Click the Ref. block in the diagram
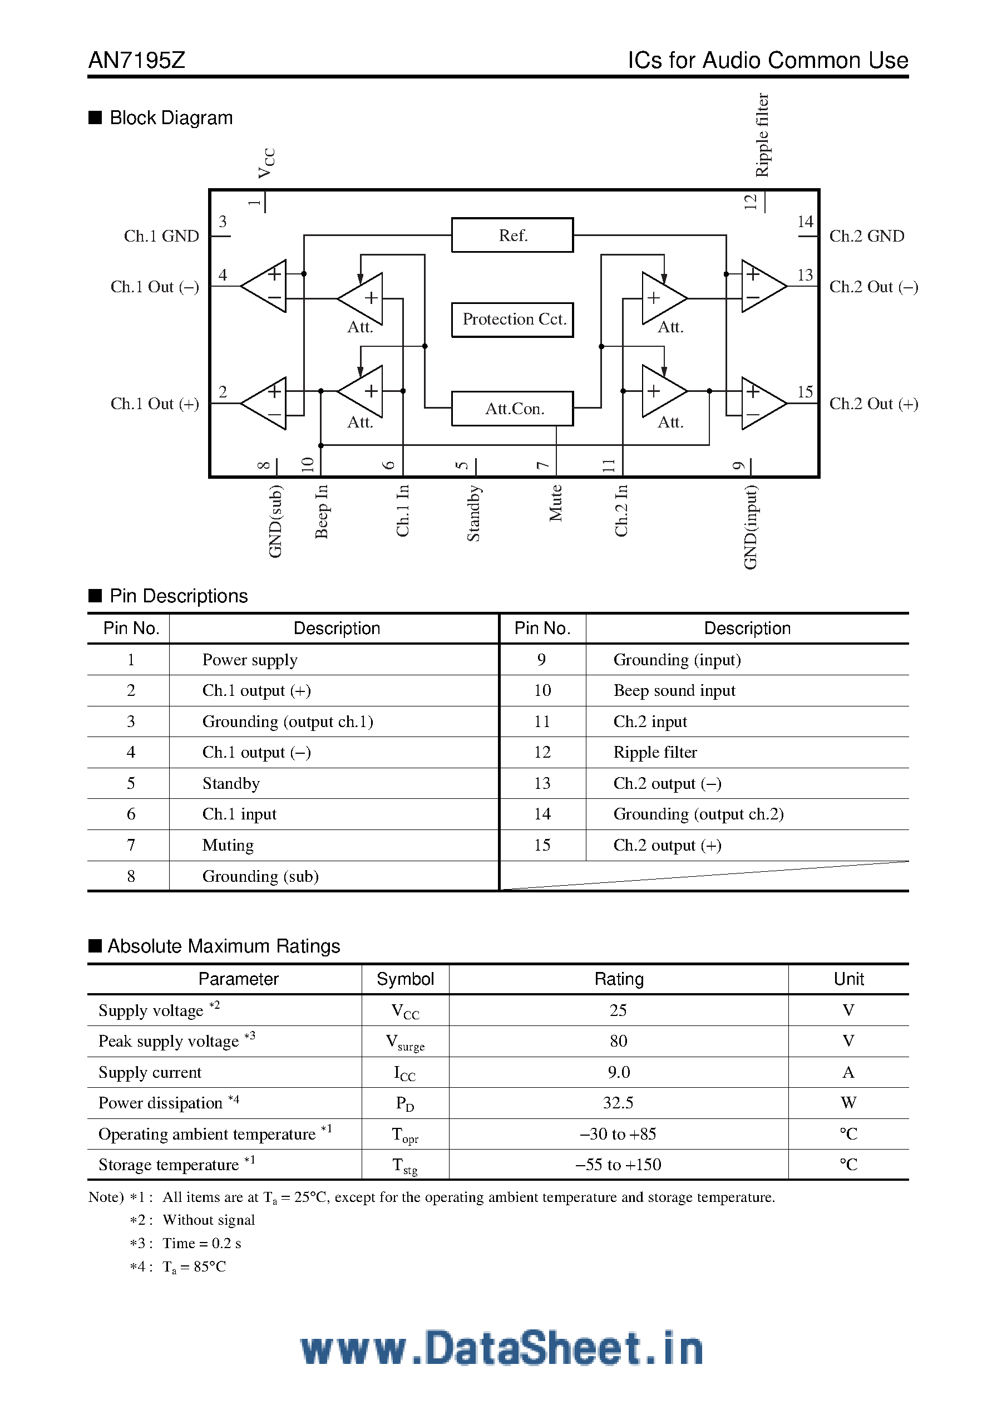click(512, 235)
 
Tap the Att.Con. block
click(512, 409)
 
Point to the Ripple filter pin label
click(762, 135)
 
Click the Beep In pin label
click(321, 512)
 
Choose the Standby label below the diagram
click(473, 513)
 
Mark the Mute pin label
click(556, 503)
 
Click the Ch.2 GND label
click(866, 237)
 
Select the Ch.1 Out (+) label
click(155, 404)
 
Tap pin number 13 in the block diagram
click(805, 275)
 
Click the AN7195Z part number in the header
click(137, 60)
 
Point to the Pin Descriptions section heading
click(178, 596)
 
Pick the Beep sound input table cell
click(674, 690)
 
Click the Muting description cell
click(228, 845)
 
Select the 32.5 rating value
click(618, 1103)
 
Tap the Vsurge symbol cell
click(404, 1042)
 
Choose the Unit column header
click(848, 979)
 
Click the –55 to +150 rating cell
click(618, 1165)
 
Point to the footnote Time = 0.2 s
click(201, 1243)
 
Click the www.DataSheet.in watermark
click(501, 1349)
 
